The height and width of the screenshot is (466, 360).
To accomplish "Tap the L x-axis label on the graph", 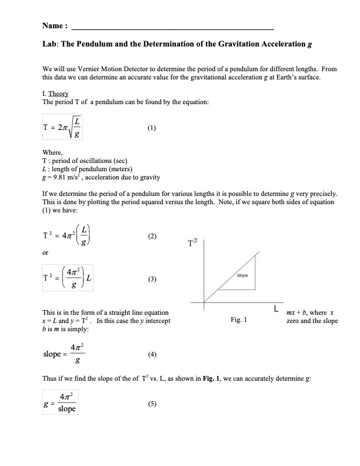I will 275,308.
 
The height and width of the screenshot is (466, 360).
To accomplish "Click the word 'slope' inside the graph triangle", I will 242,275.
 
